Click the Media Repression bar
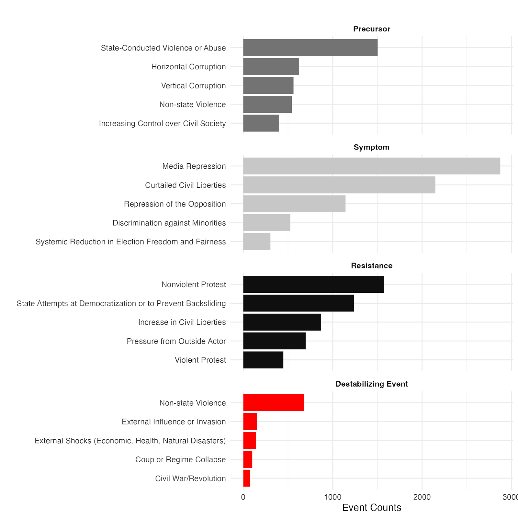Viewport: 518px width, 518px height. [371, 166]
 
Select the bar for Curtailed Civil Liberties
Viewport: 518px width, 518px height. [339, 185]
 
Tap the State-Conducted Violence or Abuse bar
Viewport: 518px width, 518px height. [310, 48]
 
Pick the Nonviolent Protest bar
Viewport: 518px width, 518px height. [313, 284]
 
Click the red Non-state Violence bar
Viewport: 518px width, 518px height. [274, 403]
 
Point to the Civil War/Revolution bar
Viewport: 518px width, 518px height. [247, 478]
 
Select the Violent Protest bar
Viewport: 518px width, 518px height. [263, 360]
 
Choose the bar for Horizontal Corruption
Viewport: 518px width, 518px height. [271, 67]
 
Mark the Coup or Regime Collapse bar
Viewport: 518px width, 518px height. [248, 459]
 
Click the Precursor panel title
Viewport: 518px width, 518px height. [371, 29]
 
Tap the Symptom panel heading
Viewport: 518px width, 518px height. [371, 147]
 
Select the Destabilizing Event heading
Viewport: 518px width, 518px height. [371, 384]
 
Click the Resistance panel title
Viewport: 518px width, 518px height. [371, 266]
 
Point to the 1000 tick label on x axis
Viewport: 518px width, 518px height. [332, 497]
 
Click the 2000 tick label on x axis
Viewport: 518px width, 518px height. [422, 497]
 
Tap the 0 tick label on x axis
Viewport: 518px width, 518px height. [243, 497]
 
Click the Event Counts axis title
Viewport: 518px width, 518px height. [371, 508]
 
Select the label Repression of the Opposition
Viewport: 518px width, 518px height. [175, 204]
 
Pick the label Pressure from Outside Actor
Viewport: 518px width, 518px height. [176, 341]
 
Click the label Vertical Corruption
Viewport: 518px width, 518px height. [193, 86]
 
